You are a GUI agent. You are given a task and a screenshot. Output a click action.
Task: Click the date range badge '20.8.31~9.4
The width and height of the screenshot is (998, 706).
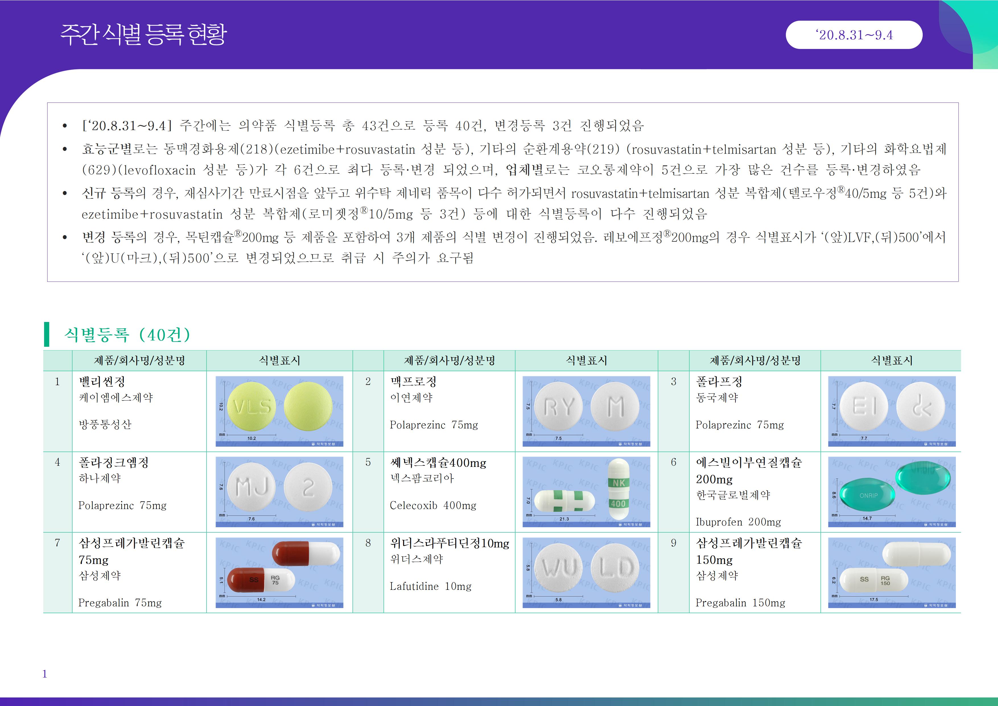tap(854, 35)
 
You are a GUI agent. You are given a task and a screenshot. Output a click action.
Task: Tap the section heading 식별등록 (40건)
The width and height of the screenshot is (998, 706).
tap(127, 334)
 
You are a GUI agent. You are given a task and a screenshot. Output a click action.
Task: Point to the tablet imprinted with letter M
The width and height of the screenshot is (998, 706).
tap(615, 406)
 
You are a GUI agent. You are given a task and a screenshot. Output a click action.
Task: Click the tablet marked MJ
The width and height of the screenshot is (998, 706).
tap(251, 487)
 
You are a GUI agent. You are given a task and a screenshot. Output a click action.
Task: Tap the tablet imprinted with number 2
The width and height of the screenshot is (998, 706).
tap(308, 487)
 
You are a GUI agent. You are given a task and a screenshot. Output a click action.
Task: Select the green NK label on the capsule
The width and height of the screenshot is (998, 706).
tap(618, 483)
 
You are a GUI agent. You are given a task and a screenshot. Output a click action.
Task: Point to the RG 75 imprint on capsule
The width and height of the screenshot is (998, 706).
tap(275, 580)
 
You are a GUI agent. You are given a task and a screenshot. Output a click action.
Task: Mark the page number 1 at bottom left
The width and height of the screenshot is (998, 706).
tap(45, 674)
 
